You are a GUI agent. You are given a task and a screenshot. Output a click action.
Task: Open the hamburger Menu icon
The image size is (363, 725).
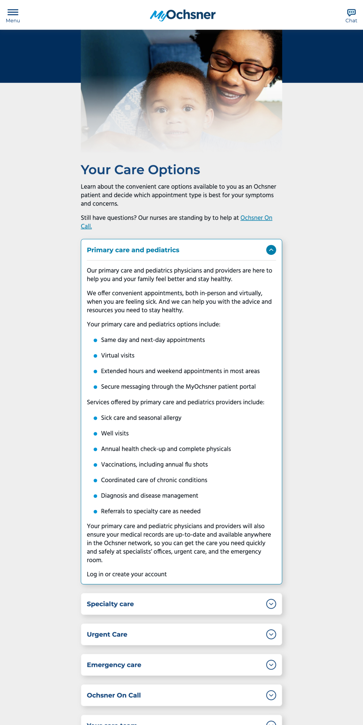tap(13, 12)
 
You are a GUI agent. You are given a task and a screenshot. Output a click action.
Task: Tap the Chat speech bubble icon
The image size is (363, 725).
tap(351, 12)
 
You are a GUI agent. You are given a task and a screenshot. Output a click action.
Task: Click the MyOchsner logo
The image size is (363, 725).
tap(183, 15)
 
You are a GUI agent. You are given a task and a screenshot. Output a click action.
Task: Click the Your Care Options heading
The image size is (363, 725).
tap(140, 170)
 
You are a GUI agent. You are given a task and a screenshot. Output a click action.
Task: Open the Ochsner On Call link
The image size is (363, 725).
tap(256, 218)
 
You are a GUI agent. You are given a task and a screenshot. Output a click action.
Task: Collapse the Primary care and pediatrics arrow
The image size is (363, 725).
tap(271, 250)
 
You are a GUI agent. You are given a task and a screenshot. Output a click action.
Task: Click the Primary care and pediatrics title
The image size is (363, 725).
tap(133, 250)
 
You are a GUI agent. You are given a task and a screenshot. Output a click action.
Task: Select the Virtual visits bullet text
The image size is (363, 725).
tap(118, 355)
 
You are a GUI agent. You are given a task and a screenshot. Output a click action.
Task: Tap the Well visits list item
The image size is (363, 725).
tap(115, 433)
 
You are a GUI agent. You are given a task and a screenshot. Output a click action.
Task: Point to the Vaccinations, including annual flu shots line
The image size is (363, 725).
tap(154, 464)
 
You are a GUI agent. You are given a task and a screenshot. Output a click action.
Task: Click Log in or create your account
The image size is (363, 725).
tap(127, 574)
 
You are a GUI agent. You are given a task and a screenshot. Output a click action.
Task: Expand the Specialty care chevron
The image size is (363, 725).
tap(271, 604)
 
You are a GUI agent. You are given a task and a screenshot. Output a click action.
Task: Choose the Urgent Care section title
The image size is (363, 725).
tap(107, 634)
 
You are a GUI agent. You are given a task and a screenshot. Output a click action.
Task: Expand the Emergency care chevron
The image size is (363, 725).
tap(271, 665)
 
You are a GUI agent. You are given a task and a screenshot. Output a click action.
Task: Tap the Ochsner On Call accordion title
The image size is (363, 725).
tap(114, 695)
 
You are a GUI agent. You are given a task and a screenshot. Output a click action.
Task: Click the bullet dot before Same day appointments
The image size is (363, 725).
tap(95, 340)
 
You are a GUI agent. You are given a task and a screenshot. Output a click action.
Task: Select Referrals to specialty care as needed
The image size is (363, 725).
tap(151, 511)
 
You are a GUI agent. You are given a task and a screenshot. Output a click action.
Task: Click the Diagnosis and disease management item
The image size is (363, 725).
tap(149, 496)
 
